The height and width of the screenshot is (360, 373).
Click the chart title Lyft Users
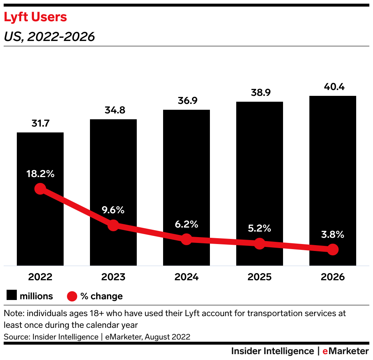click(35, 17)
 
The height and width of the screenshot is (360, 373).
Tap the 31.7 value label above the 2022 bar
click(40, 124)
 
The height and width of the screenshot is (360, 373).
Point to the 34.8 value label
click(113, 110)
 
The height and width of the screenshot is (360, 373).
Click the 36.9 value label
click(186, 101)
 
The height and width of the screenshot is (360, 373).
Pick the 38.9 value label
click(260, 93)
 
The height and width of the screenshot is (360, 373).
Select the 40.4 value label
click(333, 87)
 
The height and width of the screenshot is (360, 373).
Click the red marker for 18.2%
click(40, 189)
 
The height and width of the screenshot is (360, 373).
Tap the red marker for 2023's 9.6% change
click(113, 225)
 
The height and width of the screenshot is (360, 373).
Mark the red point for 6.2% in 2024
click(186, 239)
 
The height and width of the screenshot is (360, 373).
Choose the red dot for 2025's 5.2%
click(260, 243)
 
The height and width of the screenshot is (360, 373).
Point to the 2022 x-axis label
click(40, 277)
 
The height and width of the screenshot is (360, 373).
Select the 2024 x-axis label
click(186, 277)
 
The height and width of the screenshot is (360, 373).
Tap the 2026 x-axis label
click(333, 277)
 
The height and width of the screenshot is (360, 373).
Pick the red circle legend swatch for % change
click(72, 296)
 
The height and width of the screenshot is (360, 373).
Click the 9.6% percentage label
click(113, 210)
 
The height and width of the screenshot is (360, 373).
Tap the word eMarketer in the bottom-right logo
click(345, 351)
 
